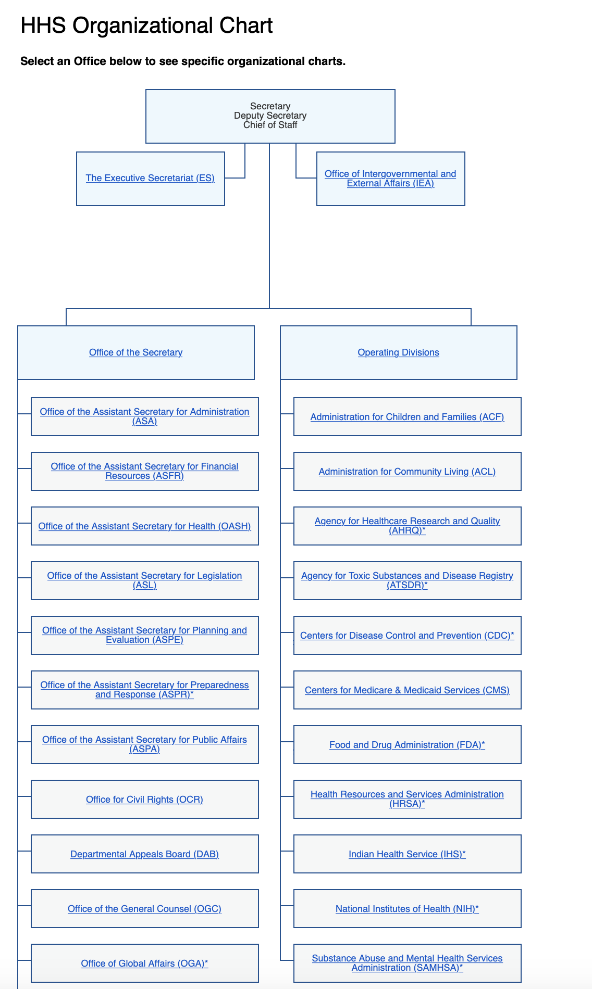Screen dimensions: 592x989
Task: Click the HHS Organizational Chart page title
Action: [146, 26]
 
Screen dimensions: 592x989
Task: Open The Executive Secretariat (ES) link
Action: [150, 178]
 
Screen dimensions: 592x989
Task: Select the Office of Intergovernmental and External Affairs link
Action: [390, 179]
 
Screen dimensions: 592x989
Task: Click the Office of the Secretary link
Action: [135, 352]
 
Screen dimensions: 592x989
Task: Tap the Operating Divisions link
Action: [398, 352]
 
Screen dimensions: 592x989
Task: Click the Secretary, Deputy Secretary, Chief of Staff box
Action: [270, 116]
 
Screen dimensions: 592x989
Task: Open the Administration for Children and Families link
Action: [407, 417]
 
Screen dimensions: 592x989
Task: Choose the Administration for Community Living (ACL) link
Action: [407, 472]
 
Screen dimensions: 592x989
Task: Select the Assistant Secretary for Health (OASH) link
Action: [144, 526]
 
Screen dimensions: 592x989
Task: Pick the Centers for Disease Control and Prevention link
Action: [407, 636]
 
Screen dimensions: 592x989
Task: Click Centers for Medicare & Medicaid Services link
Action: [407, 690]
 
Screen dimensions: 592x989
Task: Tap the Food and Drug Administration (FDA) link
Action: [407, 745]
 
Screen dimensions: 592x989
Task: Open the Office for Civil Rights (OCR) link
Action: [144, 800]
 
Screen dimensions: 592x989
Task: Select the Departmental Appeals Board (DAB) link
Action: [144, 854]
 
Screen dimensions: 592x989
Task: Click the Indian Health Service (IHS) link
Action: [407, 854]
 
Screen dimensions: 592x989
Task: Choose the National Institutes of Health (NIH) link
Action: [407, 909]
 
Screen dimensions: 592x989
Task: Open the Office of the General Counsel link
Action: [144, 909]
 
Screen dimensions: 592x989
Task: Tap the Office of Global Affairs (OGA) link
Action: [144, 963]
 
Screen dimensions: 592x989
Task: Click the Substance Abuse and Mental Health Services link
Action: [407, 963]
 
